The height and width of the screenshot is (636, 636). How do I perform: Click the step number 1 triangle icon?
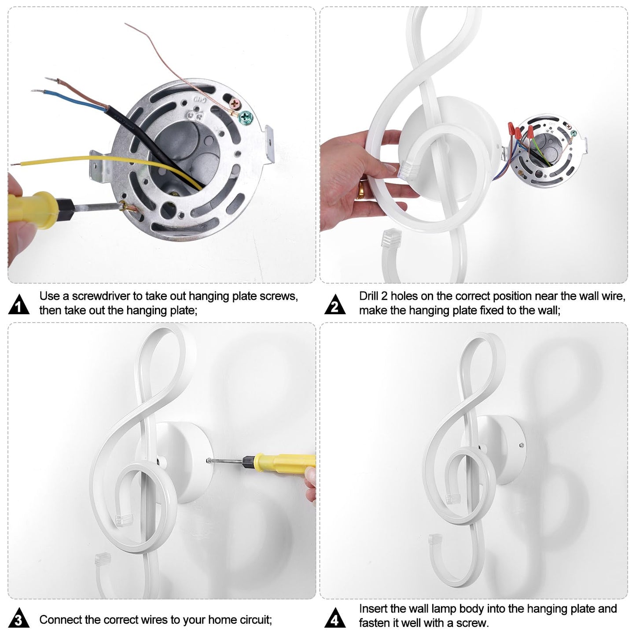tap(19, 305)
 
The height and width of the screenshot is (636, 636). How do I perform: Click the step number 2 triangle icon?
tap(335, 305)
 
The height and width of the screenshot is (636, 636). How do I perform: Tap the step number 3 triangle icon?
tap(19, 618)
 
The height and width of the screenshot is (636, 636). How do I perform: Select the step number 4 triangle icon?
tap(335, 618)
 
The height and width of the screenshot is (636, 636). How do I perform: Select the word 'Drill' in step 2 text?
tap(369, 296)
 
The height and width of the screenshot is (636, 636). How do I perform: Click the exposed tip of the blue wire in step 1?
tap(36, 91)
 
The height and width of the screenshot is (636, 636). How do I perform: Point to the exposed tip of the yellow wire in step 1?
tap(15, 164)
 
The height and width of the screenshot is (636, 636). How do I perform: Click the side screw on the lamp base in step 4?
tap(522, 445)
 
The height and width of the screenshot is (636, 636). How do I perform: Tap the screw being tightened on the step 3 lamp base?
tap(209, 460)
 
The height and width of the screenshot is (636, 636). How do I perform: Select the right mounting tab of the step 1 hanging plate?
tap(269, 144)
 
